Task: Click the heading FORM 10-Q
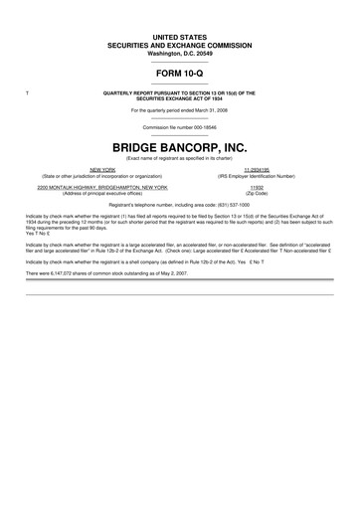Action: point(180,74)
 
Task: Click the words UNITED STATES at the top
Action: point(180,36)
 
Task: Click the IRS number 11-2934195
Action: point(258,169)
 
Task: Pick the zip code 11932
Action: point(258,186)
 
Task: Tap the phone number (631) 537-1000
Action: point(222,203)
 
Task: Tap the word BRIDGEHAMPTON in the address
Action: point(126,186)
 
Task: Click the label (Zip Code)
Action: point(258,192)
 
